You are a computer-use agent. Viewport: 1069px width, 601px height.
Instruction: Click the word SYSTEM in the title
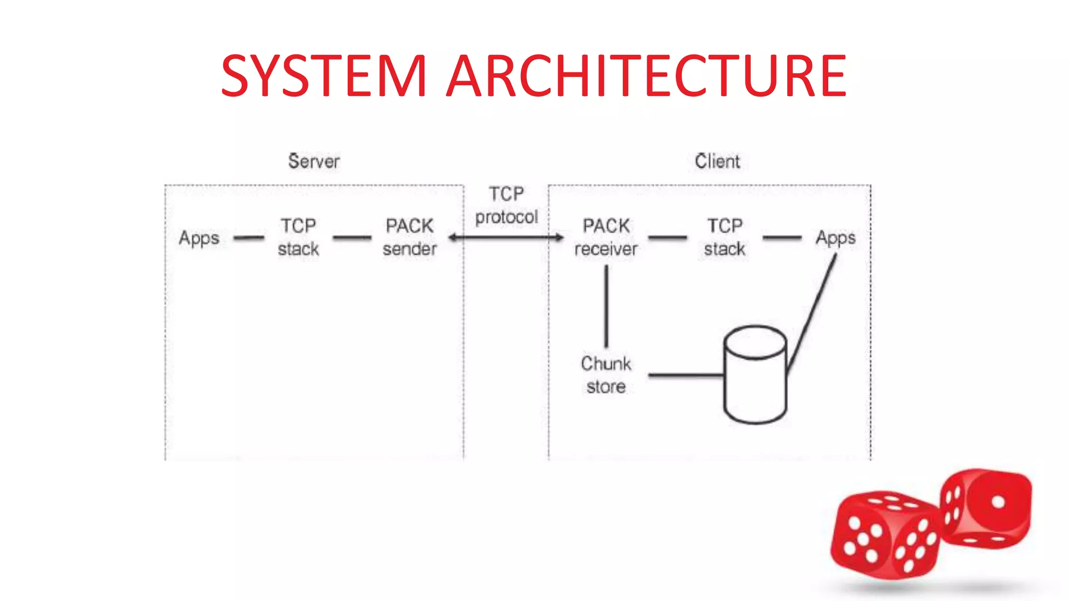pyautogui.click(x=324, y=76)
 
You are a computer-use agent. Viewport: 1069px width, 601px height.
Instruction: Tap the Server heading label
pyautogui.click(x=314, y=161)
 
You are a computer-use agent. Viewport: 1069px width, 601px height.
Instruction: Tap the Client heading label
pyautogui.click(x=717, y=161)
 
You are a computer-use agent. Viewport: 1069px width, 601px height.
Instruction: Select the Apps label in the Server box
pyautogui.click(x=199, y=238)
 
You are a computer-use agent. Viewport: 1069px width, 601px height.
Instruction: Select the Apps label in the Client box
pyautogui.click(x=836, y=238)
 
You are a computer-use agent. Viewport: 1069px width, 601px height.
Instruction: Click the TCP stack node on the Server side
pyautogui.click(x=298, y=237)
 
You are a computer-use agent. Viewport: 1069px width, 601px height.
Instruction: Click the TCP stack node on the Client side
pyautogui.click(x=724, y=237)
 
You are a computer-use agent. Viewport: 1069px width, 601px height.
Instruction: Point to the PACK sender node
pyautogui.click(x=409, y=237)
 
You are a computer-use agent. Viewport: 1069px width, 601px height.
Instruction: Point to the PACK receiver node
pyautogui.click(x=606, y=237)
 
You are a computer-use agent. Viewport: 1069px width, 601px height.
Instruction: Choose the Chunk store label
pyautogui.click(x=606, y=375)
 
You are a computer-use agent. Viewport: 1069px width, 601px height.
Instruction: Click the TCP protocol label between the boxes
pyautogui.click(x=506, y=206)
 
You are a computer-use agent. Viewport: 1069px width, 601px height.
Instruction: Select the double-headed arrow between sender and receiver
pyautogui.click(x=506, y=238)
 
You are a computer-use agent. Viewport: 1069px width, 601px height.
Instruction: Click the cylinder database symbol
pyautogui.click(x=755, y=375)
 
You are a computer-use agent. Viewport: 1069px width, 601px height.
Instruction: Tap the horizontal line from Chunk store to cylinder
pyautogui.click(x=686, y=375)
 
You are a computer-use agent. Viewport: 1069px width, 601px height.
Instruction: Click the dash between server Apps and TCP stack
pyautogui.click(x=249, y=238)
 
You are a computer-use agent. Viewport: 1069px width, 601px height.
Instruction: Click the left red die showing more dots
pyautogui.click(x=885, y=535)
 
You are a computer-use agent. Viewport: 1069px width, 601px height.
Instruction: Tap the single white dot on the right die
pyautogui.click(x=998, y=502)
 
